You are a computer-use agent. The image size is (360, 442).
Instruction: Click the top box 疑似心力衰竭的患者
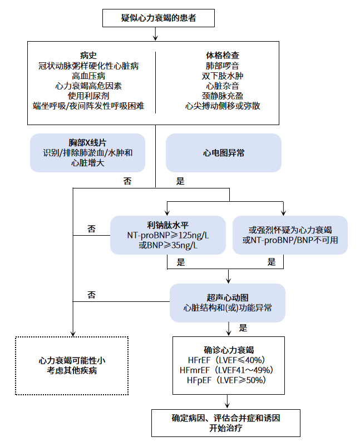[159, 18]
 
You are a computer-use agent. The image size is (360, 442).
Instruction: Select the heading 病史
[88, 56]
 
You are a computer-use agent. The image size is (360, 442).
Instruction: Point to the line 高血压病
[88, 76]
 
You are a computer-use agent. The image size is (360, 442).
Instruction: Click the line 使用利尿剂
[88, 96]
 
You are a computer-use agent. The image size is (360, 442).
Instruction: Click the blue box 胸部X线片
[88, 152]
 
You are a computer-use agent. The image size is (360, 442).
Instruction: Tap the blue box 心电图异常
[224, 152]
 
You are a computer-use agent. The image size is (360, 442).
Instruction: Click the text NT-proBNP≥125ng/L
[167, 235]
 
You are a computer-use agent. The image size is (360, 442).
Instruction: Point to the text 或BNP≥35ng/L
[167, 245]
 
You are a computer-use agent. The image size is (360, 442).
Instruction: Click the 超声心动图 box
[227, 302]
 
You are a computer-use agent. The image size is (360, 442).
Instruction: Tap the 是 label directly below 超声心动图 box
[243, 327]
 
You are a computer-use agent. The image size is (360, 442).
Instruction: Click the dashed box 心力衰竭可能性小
[72, 365]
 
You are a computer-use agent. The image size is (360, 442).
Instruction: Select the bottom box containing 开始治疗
[226, 423]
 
